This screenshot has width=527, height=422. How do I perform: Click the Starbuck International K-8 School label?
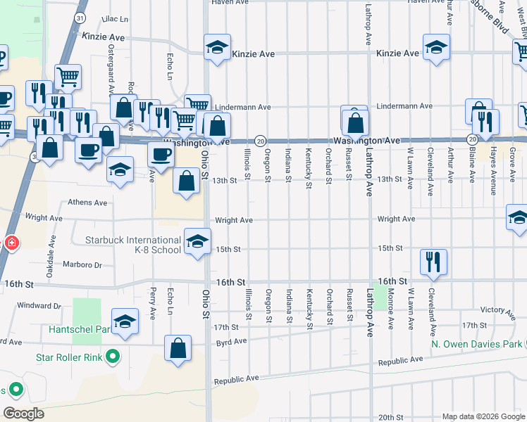[x=133, y=245]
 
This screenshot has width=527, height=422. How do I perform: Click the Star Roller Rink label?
[x=67, y=357]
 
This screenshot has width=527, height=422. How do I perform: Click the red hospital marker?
[x=11, y=243]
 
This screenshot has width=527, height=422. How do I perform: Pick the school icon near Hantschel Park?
[x=125, y=321]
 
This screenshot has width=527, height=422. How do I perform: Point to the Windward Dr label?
[x=39, y=306]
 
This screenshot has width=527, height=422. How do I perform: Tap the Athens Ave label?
[x=87, y=203]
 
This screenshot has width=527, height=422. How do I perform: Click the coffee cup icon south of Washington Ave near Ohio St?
[x=161, y=155]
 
